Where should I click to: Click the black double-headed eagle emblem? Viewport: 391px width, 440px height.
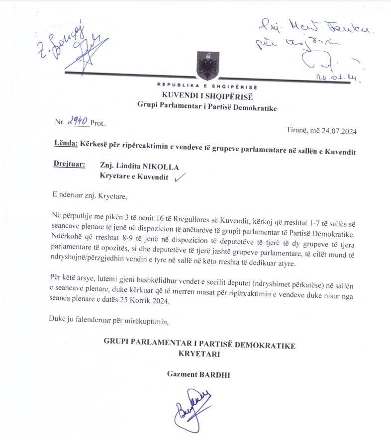click(x=206, y=66)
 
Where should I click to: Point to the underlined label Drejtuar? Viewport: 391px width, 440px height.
click(x=69, y=166)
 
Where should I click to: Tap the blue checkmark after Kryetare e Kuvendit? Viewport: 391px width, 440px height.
click(x=179, y=176)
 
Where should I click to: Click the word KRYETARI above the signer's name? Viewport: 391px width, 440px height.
click(x=199, y=354)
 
